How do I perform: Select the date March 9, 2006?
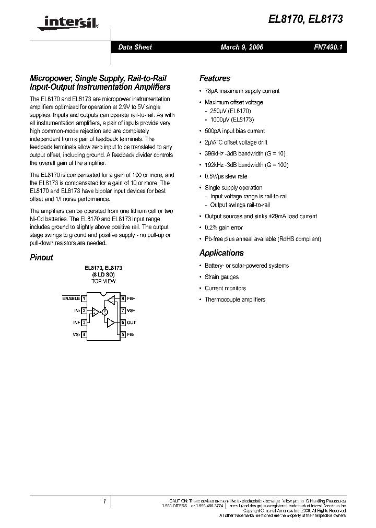tap(242, 47)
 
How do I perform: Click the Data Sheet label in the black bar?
tap(135, 47)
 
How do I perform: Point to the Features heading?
tap(215, 78)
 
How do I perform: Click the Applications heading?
tap(221, 253)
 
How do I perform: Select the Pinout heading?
tap(41, 258)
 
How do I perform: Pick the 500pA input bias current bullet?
tap(234, 131)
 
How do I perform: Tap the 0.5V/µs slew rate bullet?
tap(226, 176)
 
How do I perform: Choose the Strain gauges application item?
tap(221, 277)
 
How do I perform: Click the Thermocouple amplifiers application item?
tap(235, 299)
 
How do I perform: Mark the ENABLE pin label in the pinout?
tap(71, 298)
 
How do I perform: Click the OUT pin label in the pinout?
tap(132, 323)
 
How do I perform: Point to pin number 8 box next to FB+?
tap(123, 299)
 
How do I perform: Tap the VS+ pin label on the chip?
tap(132, 311)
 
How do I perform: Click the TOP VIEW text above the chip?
tap(103, 281)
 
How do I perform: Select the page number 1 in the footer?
tap(104, 501)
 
